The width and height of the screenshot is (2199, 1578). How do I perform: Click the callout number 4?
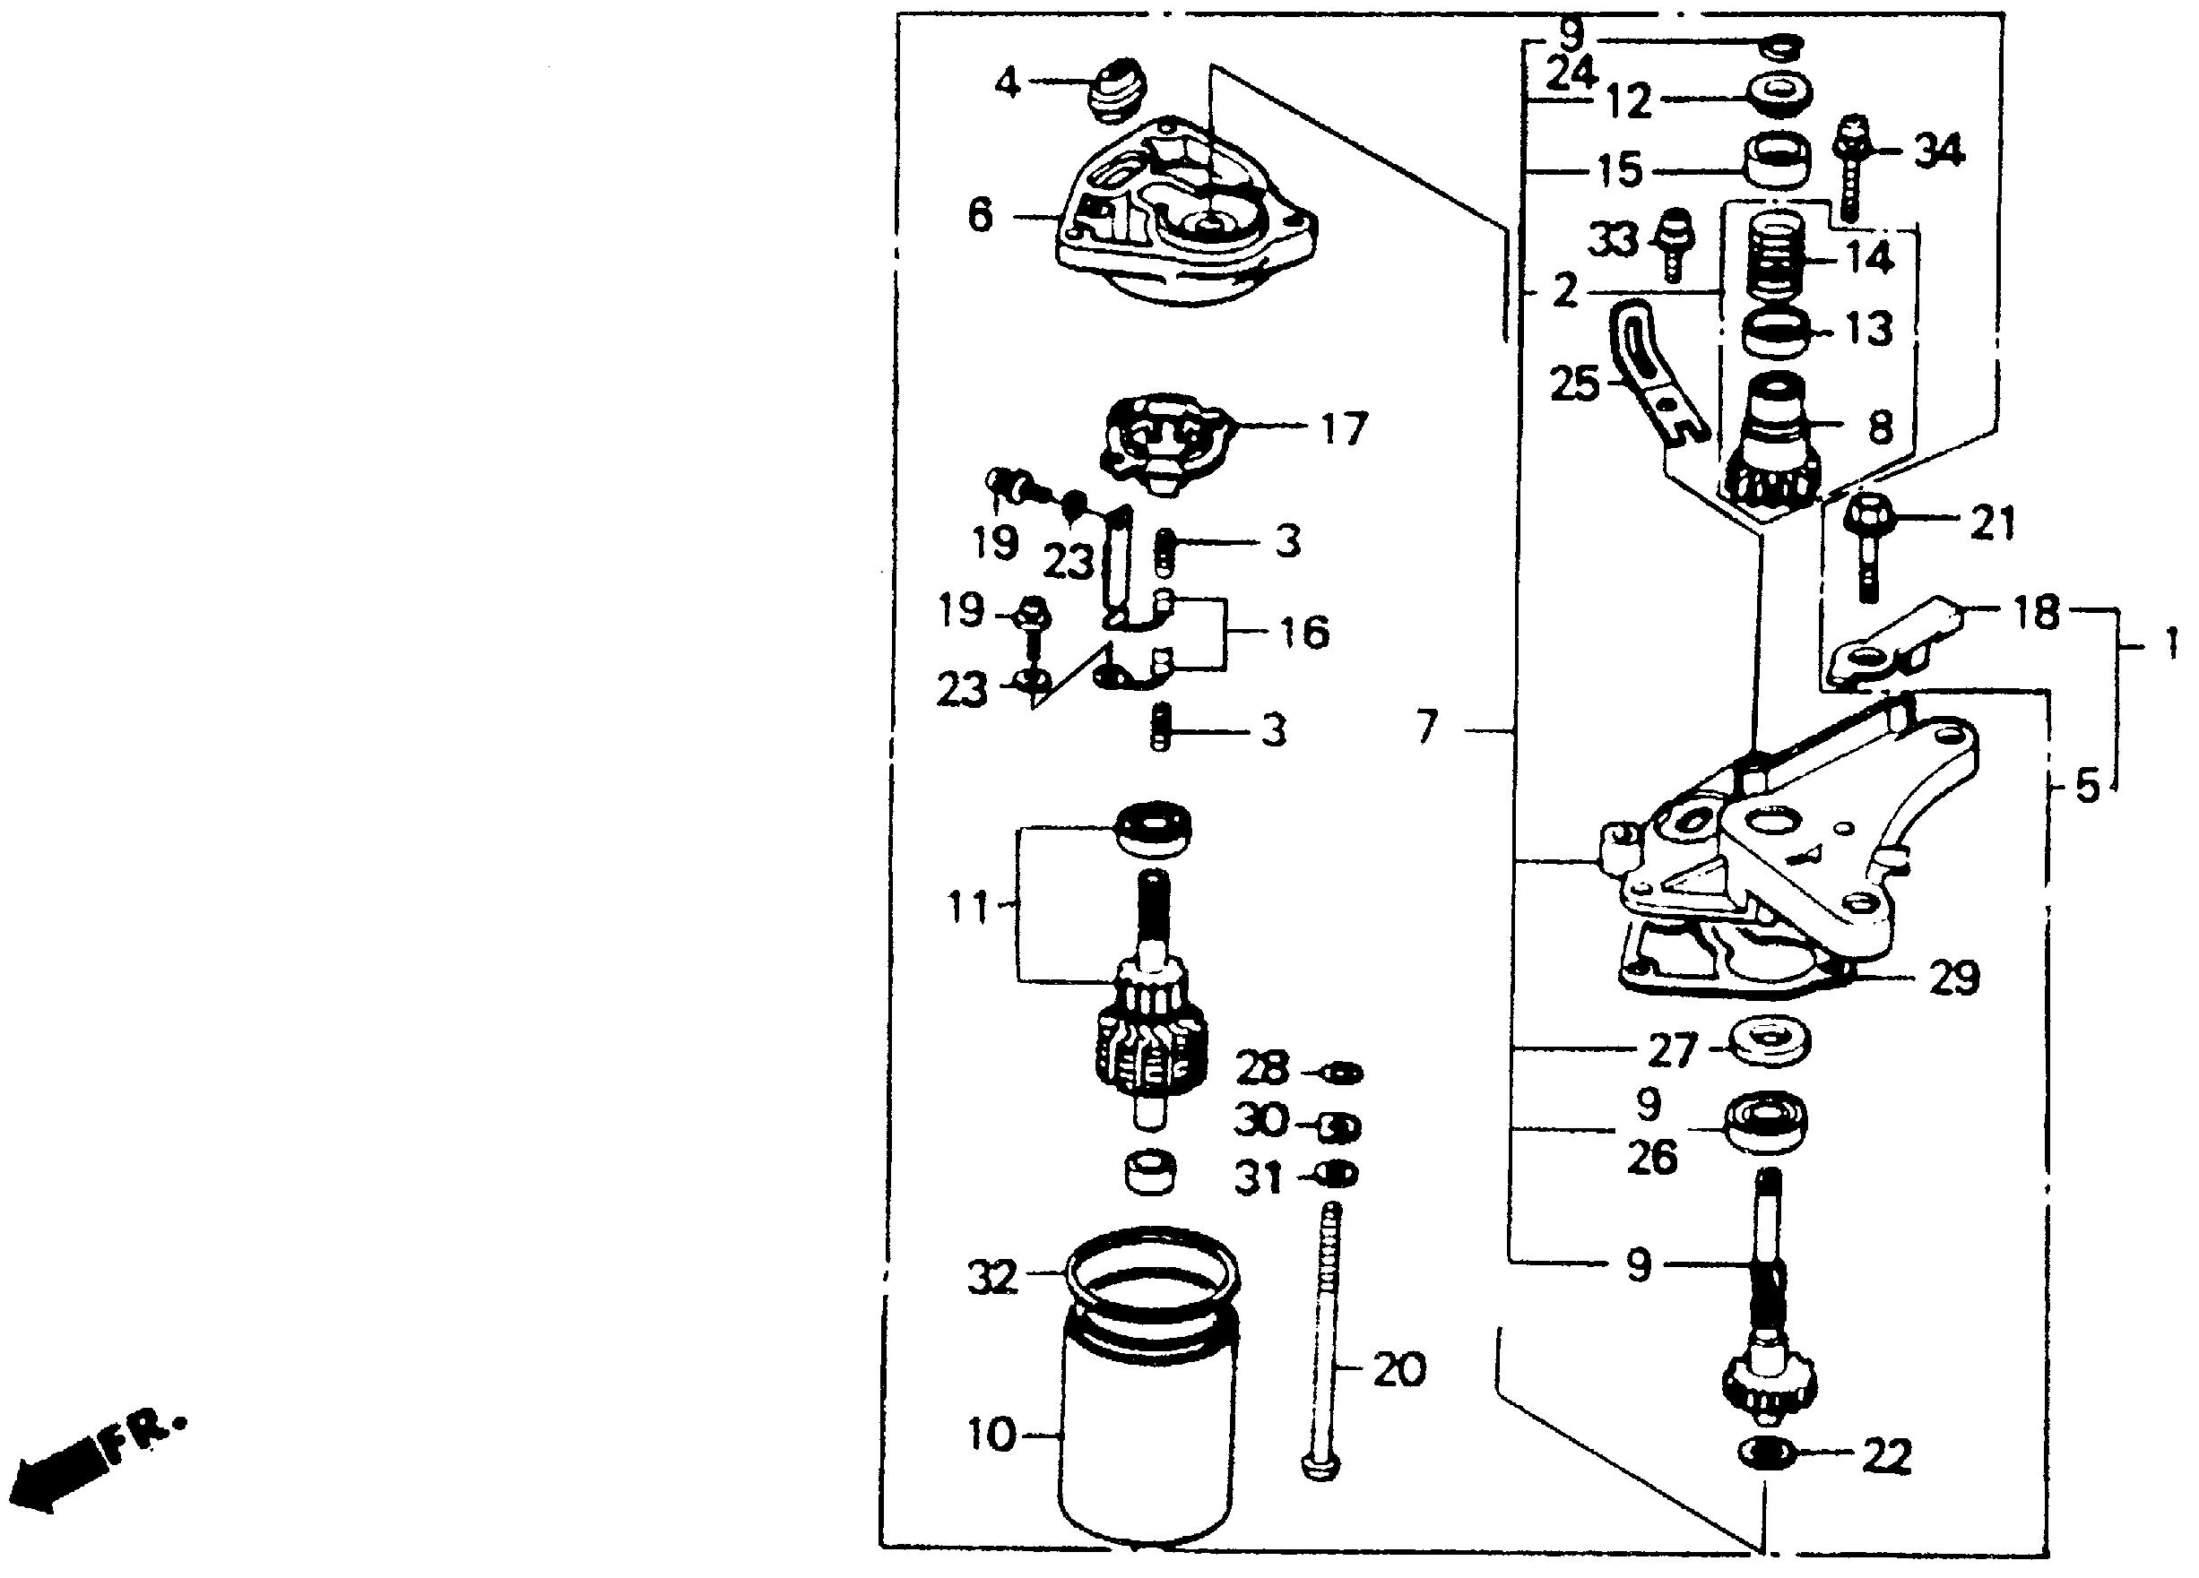(1009, 84)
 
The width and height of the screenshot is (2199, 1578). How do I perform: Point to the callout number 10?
(991, 1435)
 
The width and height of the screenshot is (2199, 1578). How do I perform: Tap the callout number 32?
(991, 1278)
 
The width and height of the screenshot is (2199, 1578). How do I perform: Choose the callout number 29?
(1953, 979)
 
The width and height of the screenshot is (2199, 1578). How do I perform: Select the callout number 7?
(1425, 727)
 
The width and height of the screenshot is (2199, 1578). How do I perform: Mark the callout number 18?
(2034, 613)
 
